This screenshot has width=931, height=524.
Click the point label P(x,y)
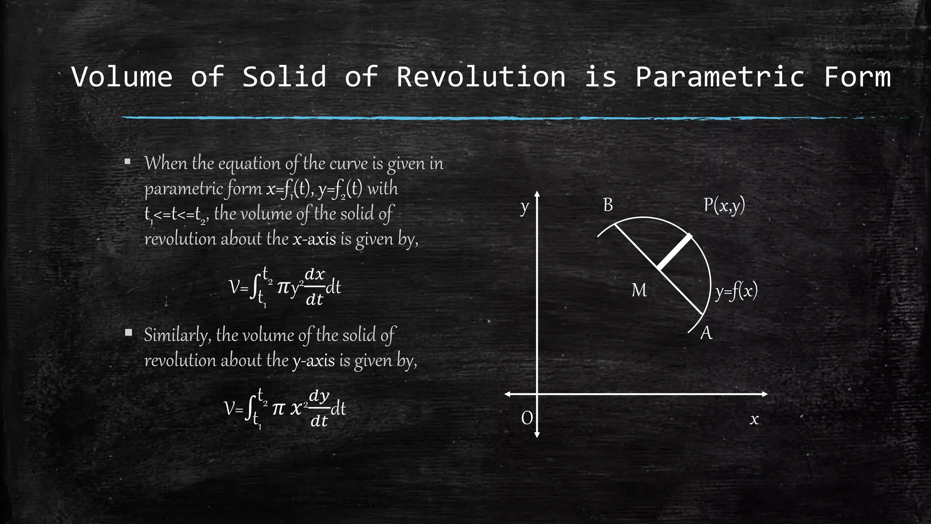click(x=724, y=206)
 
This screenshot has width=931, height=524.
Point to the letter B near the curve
click(x=608, y=206)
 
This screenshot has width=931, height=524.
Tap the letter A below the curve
click(x=706, y=333)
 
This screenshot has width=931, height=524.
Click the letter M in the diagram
click(x=639, y=290)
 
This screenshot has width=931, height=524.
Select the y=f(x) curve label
click(x=736, y=292)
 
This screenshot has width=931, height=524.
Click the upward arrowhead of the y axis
click(x=537, y=194)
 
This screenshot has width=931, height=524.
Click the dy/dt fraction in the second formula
click(x=319, y=408)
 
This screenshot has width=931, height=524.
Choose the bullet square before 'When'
click(x=128, y=161)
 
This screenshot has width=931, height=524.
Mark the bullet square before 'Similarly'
click(x=128, y=333)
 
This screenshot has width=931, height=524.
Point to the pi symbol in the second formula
click(x=278, y=409)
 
